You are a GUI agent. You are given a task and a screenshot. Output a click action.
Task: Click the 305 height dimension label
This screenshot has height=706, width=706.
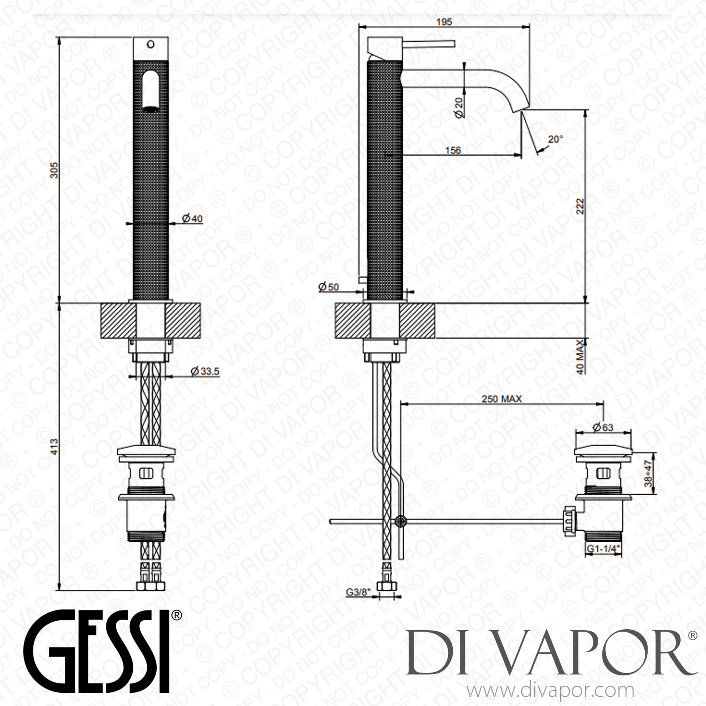pos(54,170)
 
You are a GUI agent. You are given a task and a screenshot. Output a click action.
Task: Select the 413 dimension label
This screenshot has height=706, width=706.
pos(54,446)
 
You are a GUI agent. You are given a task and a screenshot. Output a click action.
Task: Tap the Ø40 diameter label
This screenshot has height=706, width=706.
pos(192,218)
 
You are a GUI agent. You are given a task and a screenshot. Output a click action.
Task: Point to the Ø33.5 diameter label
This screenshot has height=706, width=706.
pos(205,371)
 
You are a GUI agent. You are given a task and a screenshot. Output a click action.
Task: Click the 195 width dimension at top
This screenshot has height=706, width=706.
pos(444,22)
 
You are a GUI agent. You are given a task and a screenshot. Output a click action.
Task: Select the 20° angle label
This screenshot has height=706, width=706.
pos(555,139)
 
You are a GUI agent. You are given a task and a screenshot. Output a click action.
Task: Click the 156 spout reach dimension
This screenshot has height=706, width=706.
pos(453,150)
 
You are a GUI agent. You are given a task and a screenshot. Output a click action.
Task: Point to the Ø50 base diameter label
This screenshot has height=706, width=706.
pos(329,287)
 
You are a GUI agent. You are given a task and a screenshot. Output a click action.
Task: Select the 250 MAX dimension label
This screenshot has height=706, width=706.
pos(501,399)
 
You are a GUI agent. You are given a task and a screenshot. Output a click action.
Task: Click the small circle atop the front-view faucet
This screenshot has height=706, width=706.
pos(150,45)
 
